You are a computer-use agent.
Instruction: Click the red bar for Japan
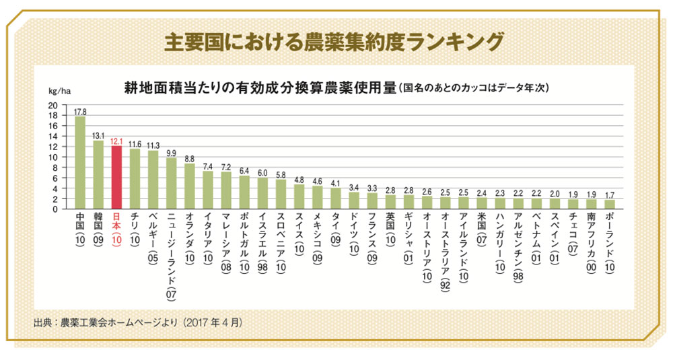(x=116, y=177)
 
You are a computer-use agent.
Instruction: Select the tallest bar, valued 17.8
(x=80, y=163)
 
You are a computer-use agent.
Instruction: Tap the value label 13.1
(x=99, y=136)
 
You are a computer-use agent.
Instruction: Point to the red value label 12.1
(x=116, y=141)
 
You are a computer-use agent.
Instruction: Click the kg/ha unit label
(x=59, y=91)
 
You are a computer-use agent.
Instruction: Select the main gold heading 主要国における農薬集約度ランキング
(x=334, y=42)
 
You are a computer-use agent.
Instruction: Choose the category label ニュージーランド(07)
(x=171, y=255)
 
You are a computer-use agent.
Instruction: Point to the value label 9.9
(x=171, y=153)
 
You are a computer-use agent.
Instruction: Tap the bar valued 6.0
(x=262, y=193)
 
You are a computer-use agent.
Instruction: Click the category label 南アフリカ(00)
(x=592, y=242)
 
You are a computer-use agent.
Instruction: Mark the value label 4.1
(x=335, y=183)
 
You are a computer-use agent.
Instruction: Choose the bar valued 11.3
(x=153, y=180)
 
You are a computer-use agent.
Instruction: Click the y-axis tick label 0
(x=55, y=209)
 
